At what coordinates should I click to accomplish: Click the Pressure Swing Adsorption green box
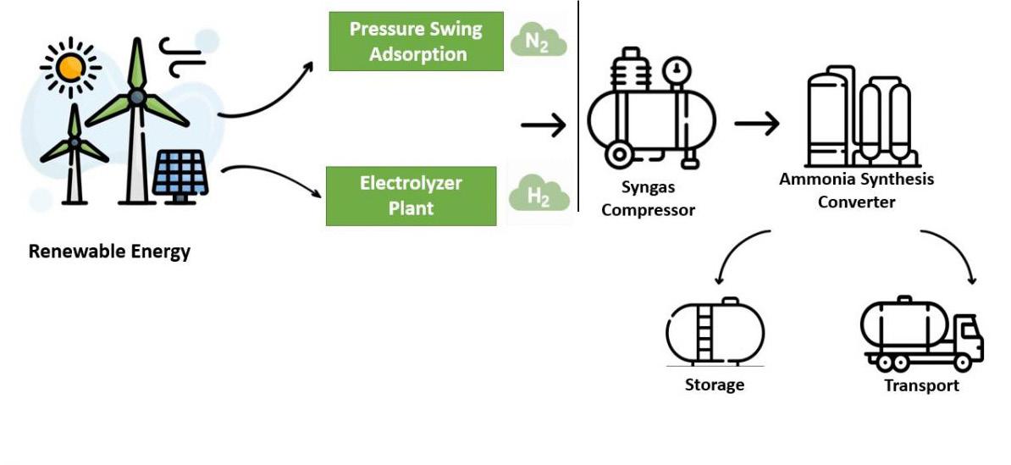(x=416, y=42)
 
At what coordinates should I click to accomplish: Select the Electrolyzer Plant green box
(x=412, y=196)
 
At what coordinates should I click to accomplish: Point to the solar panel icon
(x=180, y=174)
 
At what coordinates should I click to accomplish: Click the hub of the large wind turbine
(x=136, y=98)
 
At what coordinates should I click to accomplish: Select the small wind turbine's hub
(x=75, y=142)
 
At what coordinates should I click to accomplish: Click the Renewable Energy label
(x=109, y=252)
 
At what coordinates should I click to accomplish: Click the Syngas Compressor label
(x=648, y=199)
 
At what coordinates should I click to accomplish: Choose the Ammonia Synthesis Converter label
(x=856, y=191)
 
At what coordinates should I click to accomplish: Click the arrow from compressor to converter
(x=756, y=124)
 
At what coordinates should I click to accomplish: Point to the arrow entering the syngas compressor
(x=543, y=126)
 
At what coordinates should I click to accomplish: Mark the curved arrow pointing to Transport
(x=954, y=254)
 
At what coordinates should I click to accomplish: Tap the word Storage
(x=715, y=385)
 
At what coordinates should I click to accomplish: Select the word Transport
(x=921, y=385)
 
